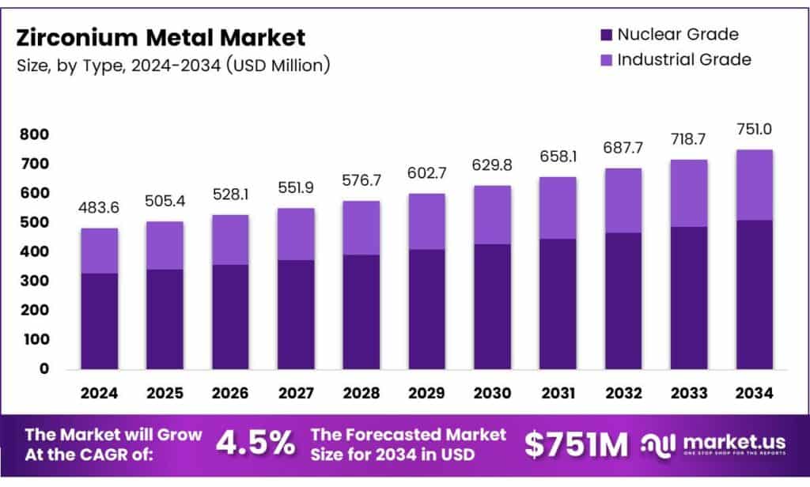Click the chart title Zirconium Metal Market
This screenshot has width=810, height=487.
pos(161,37)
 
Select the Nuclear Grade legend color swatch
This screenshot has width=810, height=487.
pos(606,35)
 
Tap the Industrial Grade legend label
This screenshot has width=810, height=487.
pos(684,59)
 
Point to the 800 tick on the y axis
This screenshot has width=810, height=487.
pos(35,135)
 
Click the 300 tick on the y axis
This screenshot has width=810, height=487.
pos(35,281)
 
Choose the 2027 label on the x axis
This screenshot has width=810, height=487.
pos(295,392)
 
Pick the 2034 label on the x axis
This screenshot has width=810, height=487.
pos(753,392)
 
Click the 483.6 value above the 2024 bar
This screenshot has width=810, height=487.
pos(99,207)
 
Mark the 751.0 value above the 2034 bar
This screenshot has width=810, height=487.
pos(753,129)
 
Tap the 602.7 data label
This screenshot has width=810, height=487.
pos(426,172)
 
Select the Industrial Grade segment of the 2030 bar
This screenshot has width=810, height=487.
pos(492,215)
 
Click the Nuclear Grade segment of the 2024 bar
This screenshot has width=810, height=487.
pos(99,321)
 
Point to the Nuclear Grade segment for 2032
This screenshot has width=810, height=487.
pos(623,300)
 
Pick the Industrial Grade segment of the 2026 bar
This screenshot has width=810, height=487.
pos(230,240)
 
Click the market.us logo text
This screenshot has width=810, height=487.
pos(729,440)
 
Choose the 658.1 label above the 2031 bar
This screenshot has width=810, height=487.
pos(557,157)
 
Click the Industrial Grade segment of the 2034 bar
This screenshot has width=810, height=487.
pos(753,185)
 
